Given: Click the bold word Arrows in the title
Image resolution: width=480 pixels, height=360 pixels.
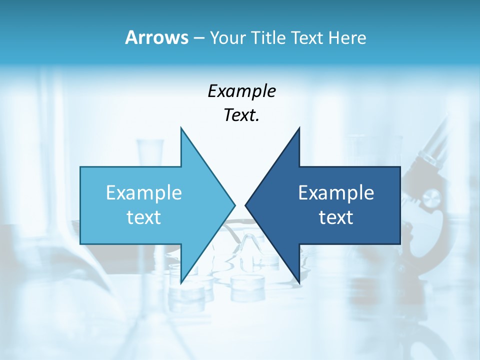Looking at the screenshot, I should coord(156,37).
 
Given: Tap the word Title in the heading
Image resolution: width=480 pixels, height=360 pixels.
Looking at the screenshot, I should coord(268,38).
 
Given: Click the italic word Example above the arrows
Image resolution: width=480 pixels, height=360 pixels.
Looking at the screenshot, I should coord(241,91).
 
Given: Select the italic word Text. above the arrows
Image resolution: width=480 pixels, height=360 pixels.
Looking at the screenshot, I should coord(241,115).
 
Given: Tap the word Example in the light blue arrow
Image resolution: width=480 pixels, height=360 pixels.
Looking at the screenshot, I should coord(144,192).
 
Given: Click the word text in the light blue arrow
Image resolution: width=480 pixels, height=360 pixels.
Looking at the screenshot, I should coord(144,217).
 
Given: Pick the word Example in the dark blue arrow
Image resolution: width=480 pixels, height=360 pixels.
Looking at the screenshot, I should coord(336,192).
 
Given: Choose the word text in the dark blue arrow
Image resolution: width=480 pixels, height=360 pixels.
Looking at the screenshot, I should coord(336,217).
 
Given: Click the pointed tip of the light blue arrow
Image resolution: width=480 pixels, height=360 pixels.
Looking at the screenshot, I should coord(234,204).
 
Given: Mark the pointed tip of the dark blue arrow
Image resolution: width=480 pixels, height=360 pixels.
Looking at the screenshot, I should coord(245,205).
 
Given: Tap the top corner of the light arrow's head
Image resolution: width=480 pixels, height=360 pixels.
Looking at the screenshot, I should coord(181,128).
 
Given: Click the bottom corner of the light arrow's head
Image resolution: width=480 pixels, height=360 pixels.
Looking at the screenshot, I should coord(181,282).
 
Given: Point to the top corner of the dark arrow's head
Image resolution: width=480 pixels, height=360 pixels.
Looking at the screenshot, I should coord(299,128).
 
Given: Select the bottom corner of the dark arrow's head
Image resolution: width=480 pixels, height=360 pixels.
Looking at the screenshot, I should coord(299,282).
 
